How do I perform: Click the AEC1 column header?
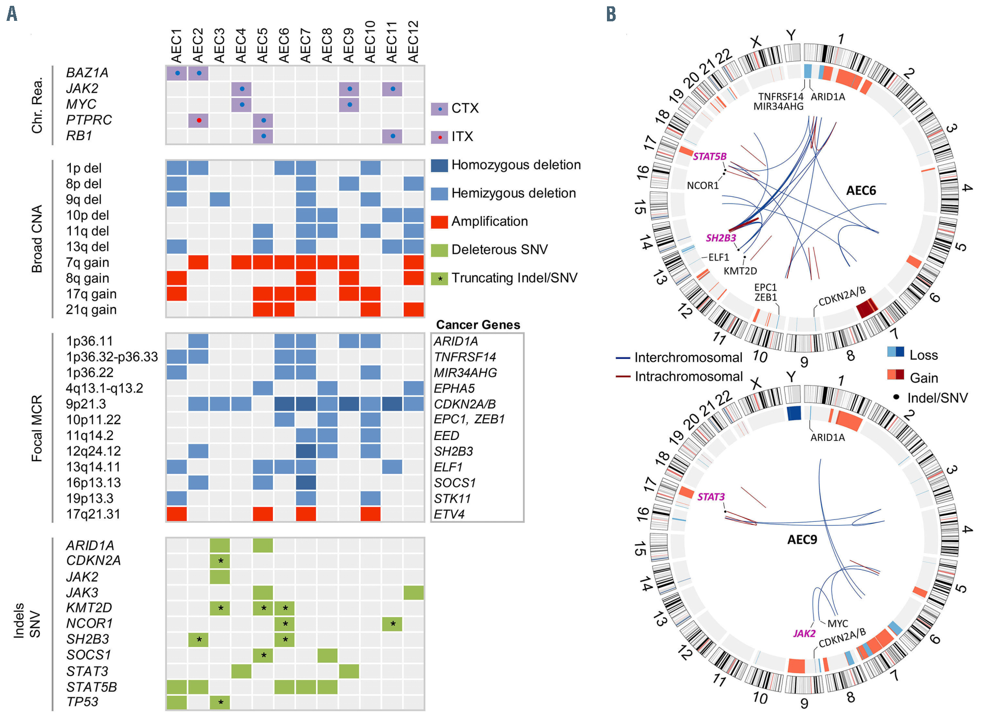click(x=176, y=46)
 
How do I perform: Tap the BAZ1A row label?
click(x=87, y=73)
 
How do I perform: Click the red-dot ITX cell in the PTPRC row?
click(x=199, y=120)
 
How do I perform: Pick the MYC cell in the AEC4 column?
click(x=241, y=104)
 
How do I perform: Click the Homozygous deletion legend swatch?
click(x=439, y=165)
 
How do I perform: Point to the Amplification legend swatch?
click(x=439, y=222)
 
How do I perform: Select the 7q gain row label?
click(x=88, y=262)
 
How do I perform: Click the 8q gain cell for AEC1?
click(x=176, y=278)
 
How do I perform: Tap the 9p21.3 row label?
click(x=86, y=404)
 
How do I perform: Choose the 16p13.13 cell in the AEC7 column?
click(x=306, y=483)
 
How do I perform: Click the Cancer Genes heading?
click(x=478, y=325)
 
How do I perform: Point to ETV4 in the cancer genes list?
click(x=449, y=514)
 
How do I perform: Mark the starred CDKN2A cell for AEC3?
click(x=220, y=561)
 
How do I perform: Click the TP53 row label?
click(x=82, y=702)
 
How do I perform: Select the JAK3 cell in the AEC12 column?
click(x=414, y=593)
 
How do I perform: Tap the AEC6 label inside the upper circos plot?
click(x=861, y=191)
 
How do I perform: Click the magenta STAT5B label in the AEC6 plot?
click(x=709, y=156)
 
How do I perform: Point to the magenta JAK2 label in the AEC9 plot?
click(x=804, y=633)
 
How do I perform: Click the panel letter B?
click(x=611, y=14)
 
